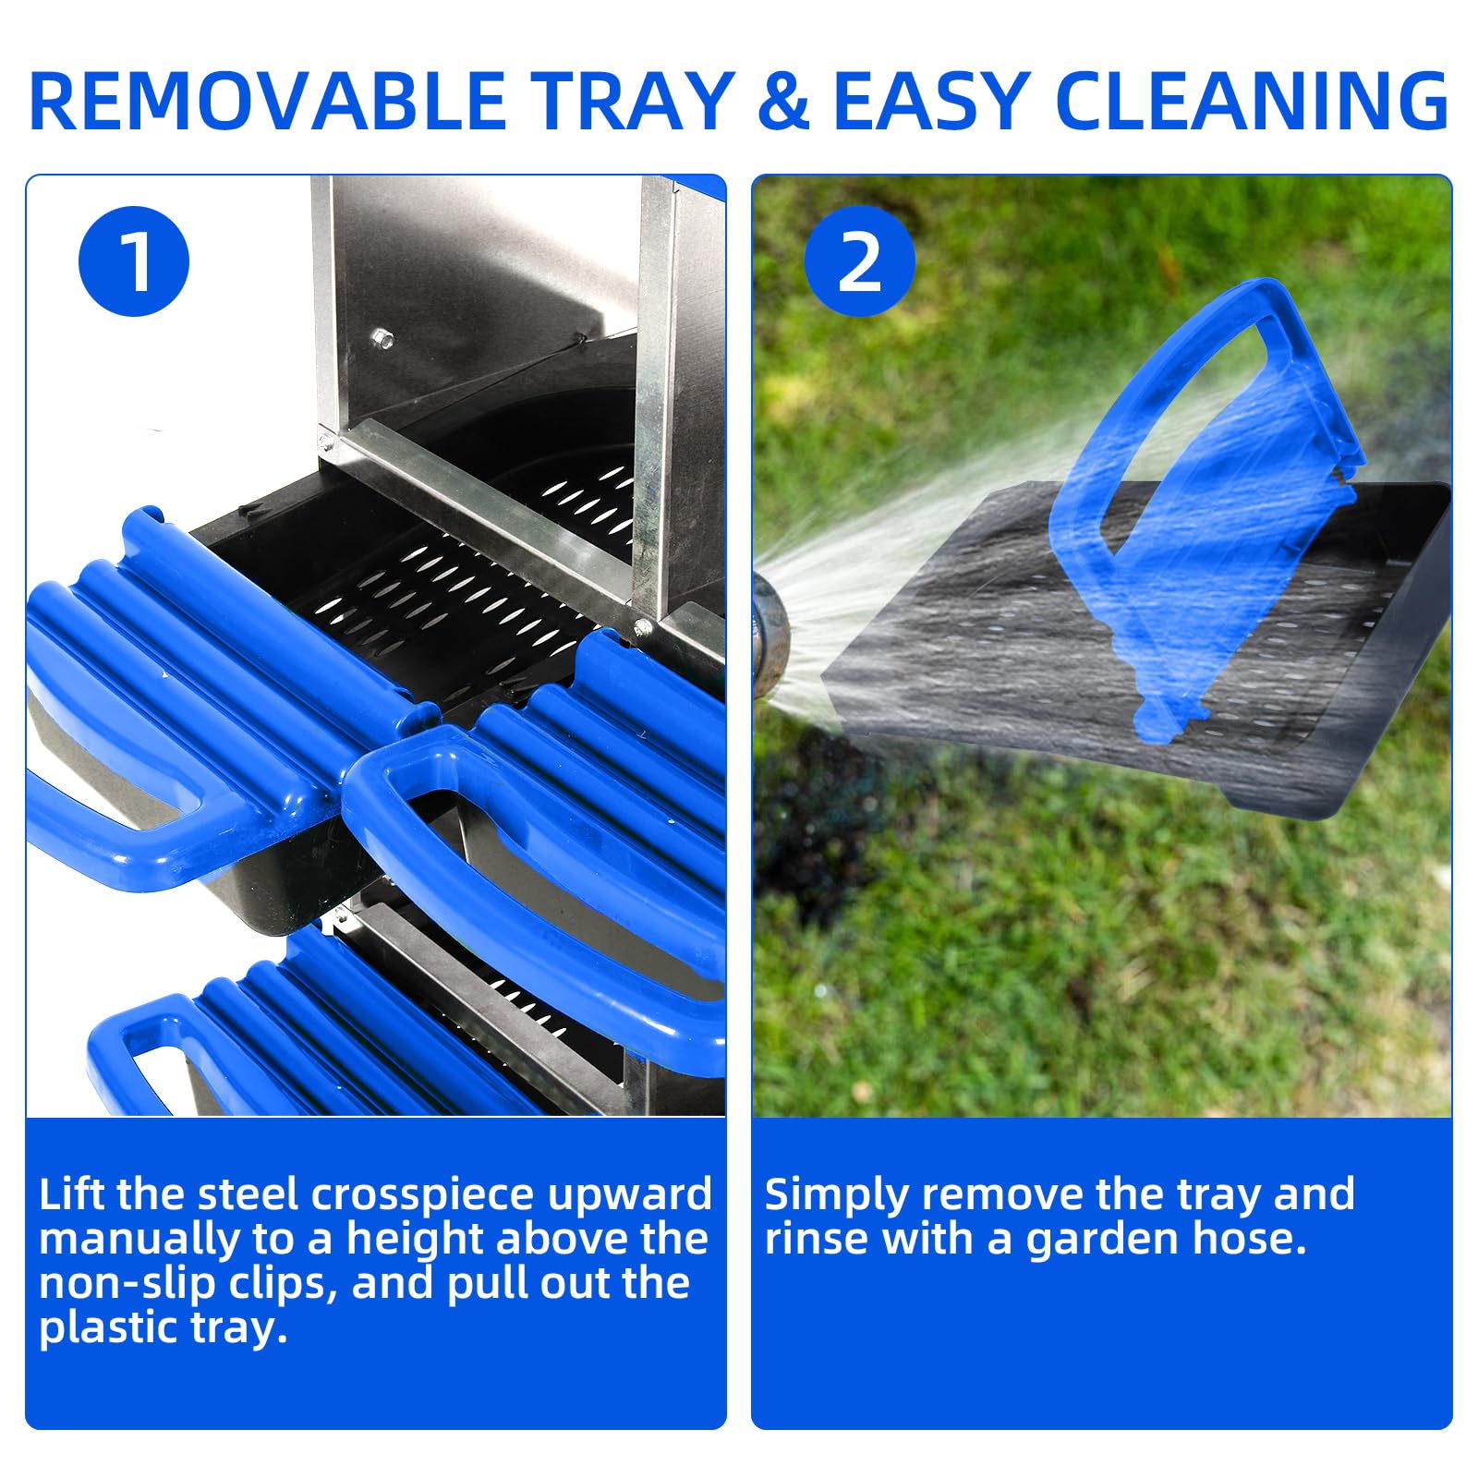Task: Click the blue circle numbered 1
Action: [x=134, y=261]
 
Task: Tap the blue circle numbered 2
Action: [x=860, y=261]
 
